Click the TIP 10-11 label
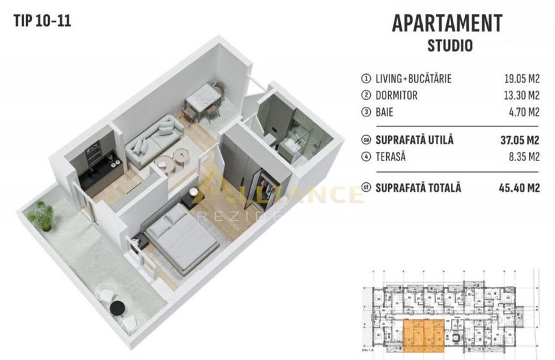42,20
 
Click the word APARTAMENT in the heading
446,24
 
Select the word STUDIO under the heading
449,46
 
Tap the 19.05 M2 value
522,79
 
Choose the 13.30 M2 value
522,96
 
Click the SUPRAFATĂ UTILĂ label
414,140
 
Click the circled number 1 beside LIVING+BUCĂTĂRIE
366,79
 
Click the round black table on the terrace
116,308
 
